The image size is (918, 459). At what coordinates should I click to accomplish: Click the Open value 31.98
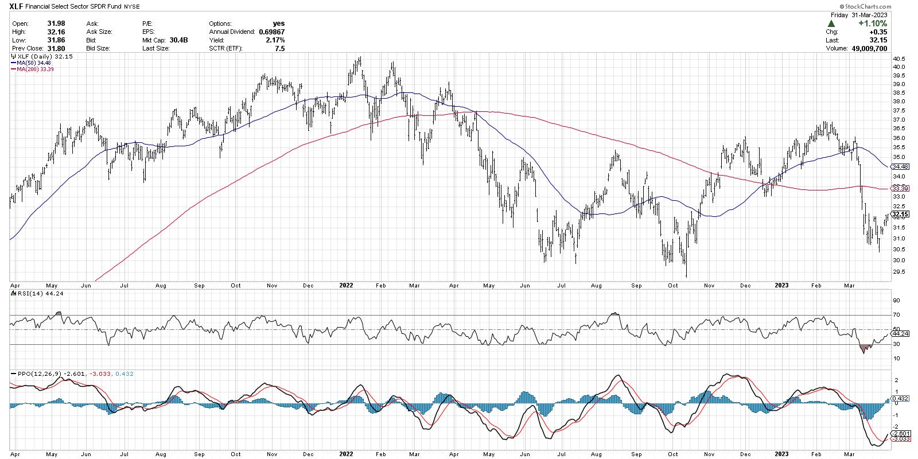[x=55, y=24]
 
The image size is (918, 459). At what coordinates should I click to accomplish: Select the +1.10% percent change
[x=873, y=24]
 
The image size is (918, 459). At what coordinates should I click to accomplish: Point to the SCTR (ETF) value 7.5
[x=279, y=49]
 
